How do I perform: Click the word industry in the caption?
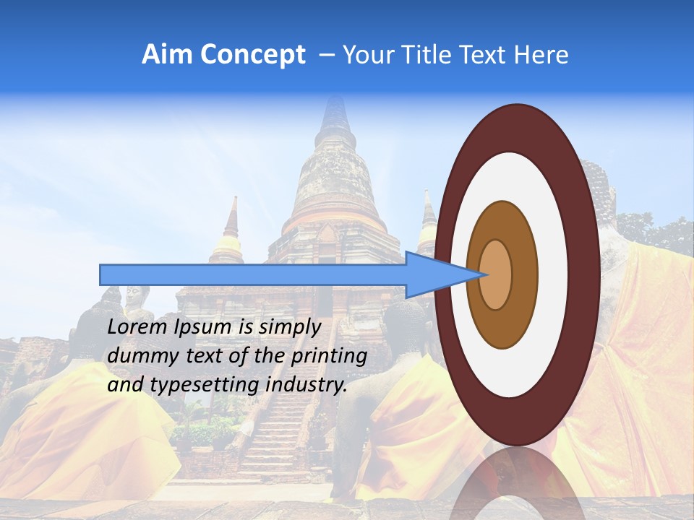307,385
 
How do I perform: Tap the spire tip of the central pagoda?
335,101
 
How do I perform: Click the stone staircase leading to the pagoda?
278,433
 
